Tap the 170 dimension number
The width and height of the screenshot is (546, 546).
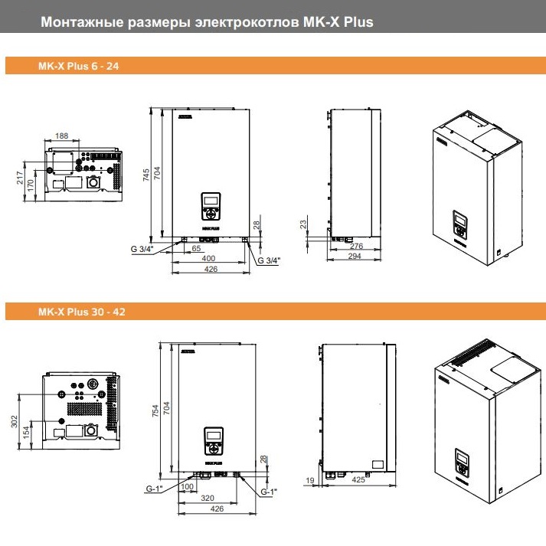click(31, 184)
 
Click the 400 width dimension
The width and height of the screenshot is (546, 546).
click(208, 259)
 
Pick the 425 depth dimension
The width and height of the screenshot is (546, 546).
click(358, 481)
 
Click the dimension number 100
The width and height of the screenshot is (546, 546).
click(188, 486)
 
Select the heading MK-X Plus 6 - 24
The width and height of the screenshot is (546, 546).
click(78, 67)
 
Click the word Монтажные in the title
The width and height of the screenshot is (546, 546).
click(76, 21)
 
